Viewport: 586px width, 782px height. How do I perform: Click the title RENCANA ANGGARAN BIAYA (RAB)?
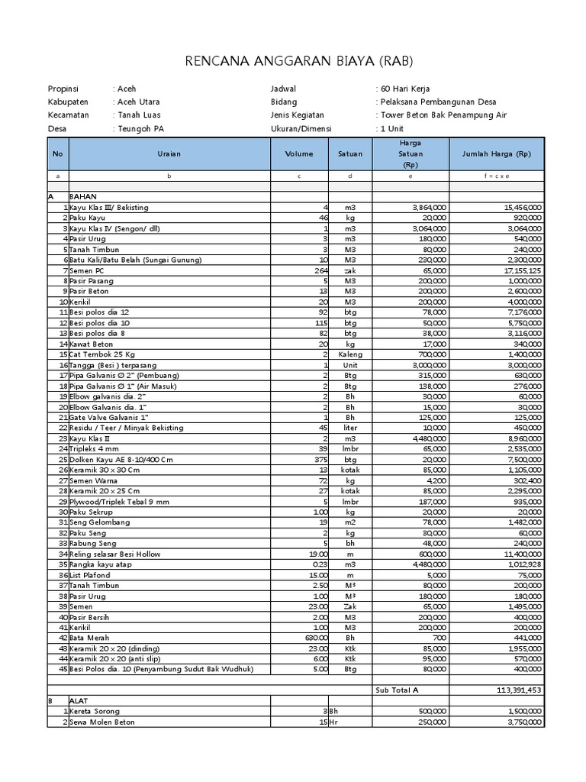(x=292, y=61)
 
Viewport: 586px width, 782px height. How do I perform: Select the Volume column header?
(x=299, y=153)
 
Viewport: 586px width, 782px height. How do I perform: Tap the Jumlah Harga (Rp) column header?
(x=496, y=153)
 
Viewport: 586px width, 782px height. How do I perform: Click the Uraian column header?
(x=169, y=153)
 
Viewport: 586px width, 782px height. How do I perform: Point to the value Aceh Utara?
(x=139, y=102)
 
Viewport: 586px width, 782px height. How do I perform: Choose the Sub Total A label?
(x=397, y=690)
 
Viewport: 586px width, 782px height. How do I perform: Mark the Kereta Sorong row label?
(x=95, y=711)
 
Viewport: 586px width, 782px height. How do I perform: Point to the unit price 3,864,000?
(x=430, y=208)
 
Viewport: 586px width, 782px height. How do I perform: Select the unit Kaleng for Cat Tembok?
(x=349, y=355)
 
